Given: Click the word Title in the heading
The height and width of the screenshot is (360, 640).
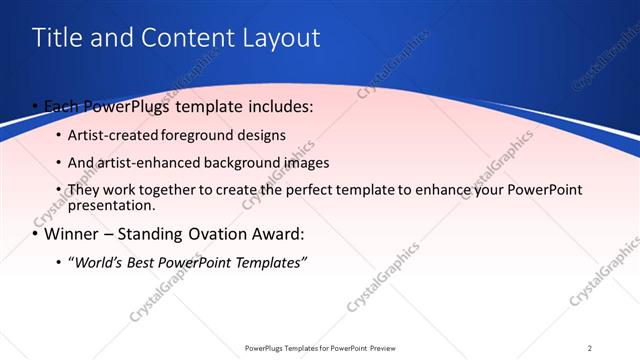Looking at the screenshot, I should [57, 38].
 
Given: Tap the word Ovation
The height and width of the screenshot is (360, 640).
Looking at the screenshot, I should [213, 235].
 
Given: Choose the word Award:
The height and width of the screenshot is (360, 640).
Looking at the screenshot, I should [276, 235].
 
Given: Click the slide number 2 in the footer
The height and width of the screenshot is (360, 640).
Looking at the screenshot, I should [590, 348].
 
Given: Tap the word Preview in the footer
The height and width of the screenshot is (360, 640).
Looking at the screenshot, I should [376, 348].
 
